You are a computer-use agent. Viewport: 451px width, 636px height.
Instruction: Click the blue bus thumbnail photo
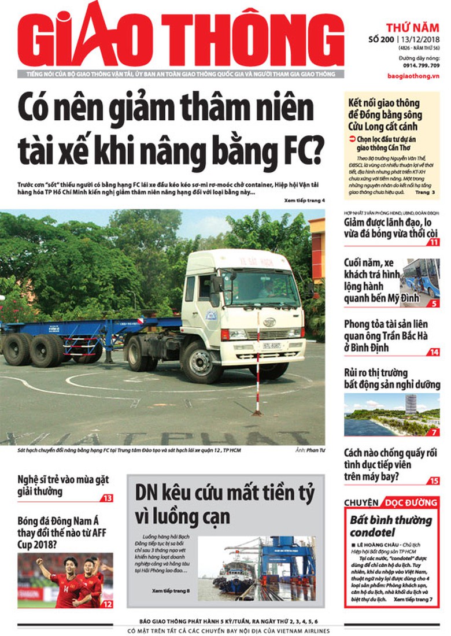coord(420,278)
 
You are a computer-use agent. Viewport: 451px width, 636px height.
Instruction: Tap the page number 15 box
coord(434,480)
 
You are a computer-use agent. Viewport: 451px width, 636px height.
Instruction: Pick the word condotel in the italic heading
coord(372,531)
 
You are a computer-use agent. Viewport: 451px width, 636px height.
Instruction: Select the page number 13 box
coord(107,498)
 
